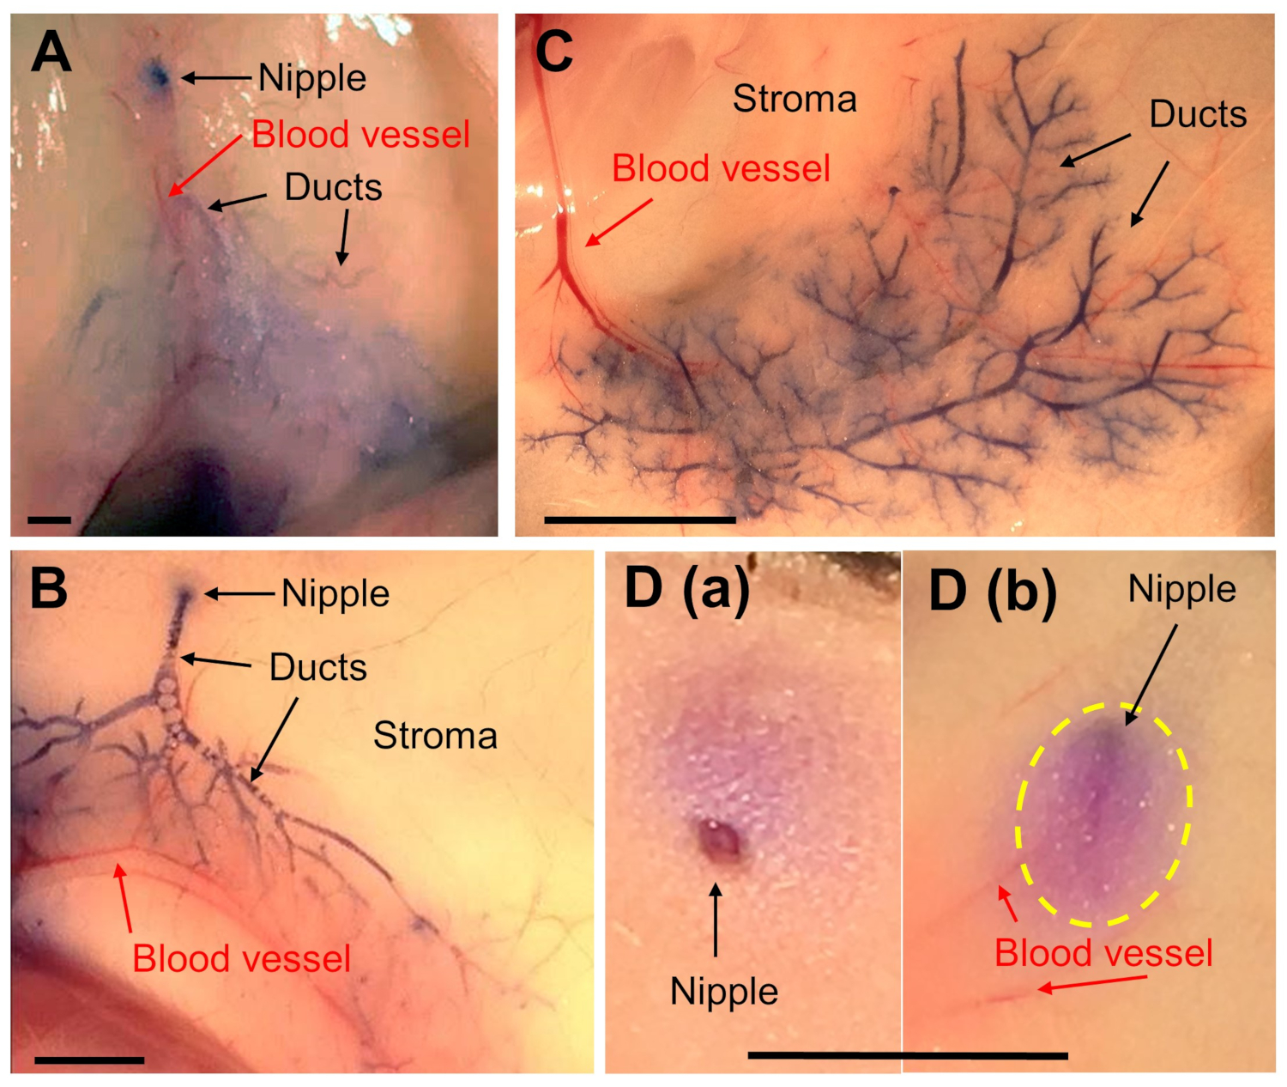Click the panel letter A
pyautogui.click(x=51, y=53)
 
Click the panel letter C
pyautogui.click(x=553, y=52)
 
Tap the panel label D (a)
pyautogui.click(x=687, y=590)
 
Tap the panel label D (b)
pyautogui.click(x=992, y=590)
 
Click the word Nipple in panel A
pyautogui.click(x=312, y=78)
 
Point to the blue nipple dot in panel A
pyautogui.click(x=157, y=75)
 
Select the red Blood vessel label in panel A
pyautogui.click(x=360, y=135)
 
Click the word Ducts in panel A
pyautogui.click(x=333, y=187)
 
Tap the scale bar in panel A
pyautogui.click(x=49, y=519)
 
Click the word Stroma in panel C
pyautogui.click(x=795, y=100)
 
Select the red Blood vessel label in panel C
pyautogui.click(x=721, y=168)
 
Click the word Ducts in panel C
pyautogui.click(x=1198, y=114)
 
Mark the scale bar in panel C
pyautogui.click(x=640, y=519)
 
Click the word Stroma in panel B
pyautogui.click(x=435, y=736)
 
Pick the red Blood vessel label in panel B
pyautogui.click(x=242, y=958)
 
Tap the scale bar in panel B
pyautogui.click(x=89, y=1060)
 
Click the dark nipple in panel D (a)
pyautogui.click(x=719, y=840)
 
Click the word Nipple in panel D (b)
pyautogui.click(x=1181, y=590)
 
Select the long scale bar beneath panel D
pyautogui.click(x=908, y=1055)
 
